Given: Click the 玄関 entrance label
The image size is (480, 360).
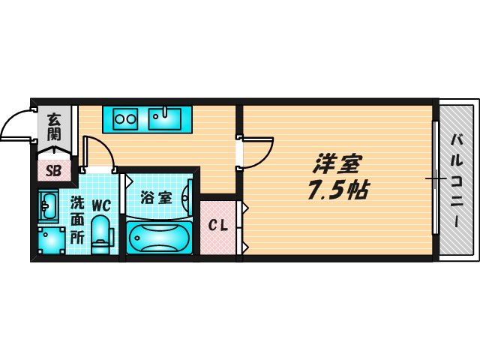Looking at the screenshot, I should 54,126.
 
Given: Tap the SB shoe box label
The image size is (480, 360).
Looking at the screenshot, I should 53,169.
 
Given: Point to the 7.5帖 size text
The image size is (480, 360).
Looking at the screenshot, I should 335,190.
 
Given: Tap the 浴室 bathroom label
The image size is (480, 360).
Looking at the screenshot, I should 156,199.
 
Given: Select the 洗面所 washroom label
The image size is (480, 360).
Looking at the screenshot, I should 77,218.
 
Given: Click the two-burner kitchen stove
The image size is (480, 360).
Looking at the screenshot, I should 126,118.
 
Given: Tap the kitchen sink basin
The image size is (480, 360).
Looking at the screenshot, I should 165,118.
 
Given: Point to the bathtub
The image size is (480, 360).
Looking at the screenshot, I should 160,239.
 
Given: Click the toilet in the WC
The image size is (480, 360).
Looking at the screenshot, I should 100,234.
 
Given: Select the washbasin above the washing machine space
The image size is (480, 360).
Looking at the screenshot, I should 49,203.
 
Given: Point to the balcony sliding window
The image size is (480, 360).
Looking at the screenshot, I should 434,178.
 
